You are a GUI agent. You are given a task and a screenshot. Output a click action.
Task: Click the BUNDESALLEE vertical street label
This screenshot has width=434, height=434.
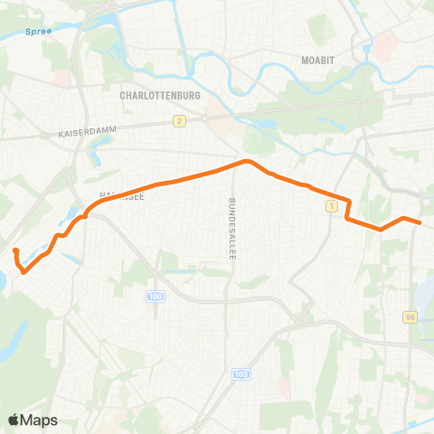pyautogui.click(x=231, y=229)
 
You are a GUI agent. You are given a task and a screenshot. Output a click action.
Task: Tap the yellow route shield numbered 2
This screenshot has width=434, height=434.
pyautogui.click(x=180, y=120)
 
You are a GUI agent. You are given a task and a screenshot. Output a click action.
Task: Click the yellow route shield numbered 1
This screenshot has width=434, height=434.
pyautogui.click(x=333, y=207)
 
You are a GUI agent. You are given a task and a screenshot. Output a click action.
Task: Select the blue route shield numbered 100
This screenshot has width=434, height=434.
pyautogui.click(x=156, y=297)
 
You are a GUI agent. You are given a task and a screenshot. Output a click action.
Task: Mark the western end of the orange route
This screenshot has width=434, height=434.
pyautogui.click(x=15, y=249)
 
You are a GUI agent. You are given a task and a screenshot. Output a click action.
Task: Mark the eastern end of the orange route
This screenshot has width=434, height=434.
pyautogui.click(x=420, y=222)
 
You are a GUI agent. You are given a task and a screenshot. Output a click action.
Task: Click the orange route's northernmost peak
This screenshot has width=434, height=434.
pyautogui.click(x=244, y=162)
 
